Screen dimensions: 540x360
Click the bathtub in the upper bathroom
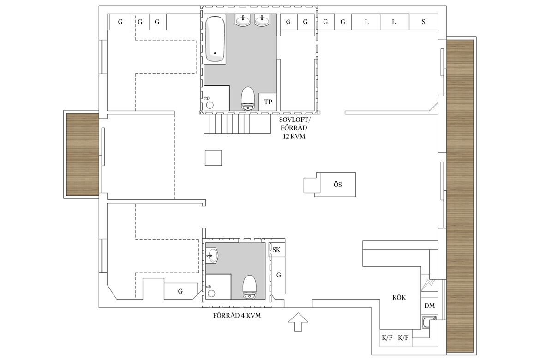point(215,39)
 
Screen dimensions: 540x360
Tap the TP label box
point(268,102)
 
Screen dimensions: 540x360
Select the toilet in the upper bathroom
point(247,98)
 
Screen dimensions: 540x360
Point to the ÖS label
point(337,185)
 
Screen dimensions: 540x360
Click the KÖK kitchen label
point(399,297)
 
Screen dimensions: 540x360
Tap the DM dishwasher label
point(429,306)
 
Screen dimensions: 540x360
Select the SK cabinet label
point(276,250)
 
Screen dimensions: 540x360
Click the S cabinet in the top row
point(424,22)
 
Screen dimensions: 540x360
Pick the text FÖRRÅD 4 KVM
point(237,316)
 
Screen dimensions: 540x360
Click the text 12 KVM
point(294,137)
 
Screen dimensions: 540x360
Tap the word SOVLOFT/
point(294,120)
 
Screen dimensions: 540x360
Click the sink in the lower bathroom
point(212,255)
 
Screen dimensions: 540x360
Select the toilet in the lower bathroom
point(249,287)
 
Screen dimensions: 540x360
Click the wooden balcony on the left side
point(82,154)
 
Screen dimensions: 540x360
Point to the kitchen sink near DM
point(429,322)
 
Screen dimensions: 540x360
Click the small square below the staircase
point(213,158)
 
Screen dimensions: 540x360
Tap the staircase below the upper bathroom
point(237,124)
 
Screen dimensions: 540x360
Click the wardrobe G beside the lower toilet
point(278,275)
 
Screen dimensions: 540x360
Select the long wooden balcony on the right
point(460,196)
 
